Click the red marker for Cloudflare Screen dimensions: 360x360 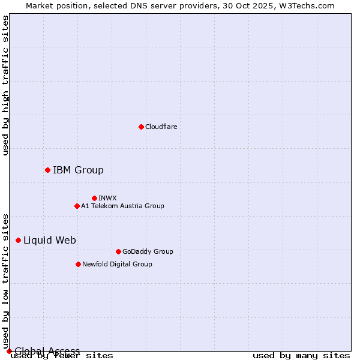141,127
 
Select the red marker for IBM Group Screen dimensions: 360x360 47,170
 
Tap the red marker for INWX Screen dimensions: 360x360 94,198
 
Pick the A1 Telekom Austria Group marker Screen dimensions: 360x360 77,206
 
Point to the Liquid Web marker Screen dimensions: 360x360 18,240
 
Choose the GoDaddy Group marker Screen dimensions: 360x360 118,251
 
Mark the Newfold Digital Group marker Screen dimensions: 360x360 78,264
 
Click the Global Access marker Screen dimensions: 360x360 9,351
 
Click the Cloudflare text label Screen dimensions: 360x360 161,127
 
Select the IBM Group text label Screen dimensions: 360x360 78,170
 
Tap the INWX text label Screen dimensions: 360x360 107,198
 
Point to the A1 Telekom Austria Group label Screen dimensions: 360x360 122,206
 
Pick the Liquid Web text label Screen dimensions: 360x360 50,240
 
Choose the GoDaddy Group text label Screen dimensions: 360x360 148,251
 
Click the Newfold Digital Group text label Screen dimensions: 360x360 117,264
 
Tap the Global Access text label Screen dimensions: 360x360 47,350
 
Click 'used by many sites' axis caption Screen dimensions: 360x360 301,356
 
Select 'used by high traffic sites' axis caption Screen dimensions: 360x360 6,85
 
